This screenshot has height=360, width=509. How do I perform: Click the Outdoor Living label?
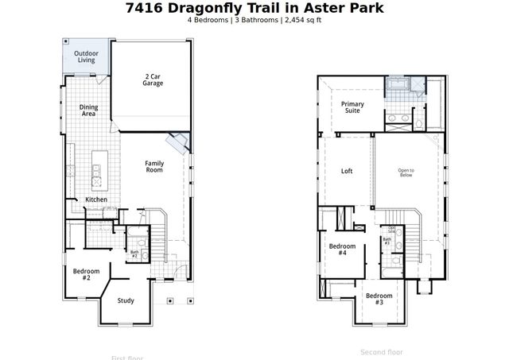pyautogui.click(x=86, y=56)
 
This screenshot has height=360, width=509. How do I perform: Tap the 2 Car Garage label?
pyautogui.click(x=153, y=79)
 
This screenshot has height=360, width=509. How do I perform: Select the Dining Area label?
pyautogui.click(x=88, y=110)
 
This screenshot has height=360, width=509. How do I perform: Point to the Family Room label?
pyautogui.click(x=154, y=167)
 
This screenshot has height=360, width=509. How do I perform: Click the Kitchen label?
pyautogui.click(x=96, y=199)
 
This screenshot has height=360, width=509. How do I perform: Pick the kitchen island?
pyautogui.click(x=97, y=169)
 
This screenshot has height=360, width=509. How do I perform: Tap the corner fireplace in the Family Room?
pyautogui.click(x=178, y=144)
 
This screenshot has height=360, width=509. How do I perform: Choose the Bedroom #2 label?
pyautogui.click(x=87, y=274)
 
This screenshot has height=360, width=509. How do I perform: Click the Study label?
pyautogui.click(x=126, y=300)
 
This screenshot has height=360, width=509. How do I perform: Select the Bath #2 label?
pyautogui.click(x=134, y=254)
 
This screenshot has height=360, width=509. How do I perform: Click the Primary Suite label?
pyautogui.click(x=352, y=107)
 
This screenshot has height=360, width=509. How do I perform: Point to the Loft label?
pyautogui.click(x=347, y=171)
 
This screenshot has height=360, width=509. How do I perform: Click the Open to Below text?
pyautogui.click(x=406, y=171)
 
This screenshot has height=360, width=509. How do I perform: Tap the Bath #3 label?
pyautogui.click(x=387, y=240)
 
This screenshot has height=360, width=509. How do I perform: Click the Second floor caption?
pyautogui.click(x=382, y=352)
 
